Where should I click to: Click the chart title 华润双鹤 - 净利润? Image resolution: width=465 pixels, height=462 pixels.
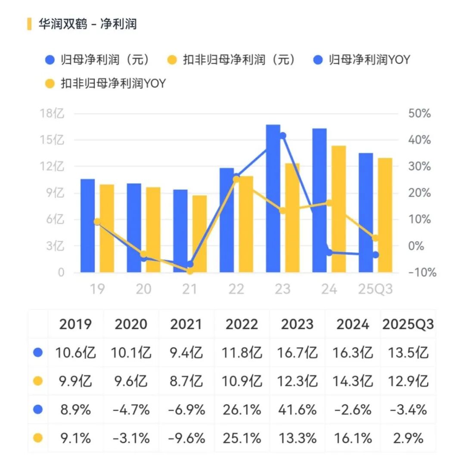pyautogui.click(x=87, y=24)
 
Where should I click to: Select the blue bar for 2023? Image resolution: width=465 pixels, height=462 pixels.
pyautogui.click(x=273, y=198)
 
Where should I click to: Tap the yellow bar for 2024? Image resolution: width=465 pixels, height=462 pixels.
pyautogui.click(x=338, y=209)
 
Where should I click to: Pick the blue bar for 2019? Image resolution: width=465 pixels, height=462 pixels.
pyautogui.click(x=87, y=225)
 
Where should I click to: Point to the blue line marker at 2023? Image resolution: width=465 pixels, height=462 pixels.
pyautogui.click(x=283, y=136)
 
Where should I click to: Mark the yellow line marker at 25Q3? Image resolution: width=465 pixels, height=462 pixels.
pyautogui.click(x=375, y=238)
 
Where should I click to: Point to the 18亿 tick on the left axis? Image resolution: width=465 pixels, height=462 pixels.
pyautogui.click(x=52, y=114)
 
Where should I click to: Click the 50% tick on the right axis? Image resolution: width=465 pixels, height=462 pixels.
pyautogui.click(x=419, y=114)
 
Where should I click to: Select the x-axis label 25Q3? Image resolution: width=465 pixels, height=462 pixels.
pyautogui.click(x=375, y=289)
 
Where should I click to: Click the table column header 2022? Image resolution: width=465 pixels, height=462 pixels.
pyautogui.click(x=242, y=324)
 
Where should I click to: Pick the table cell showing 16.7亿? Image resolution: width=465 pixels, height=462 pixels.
pyautogui.click(x=297, y=353)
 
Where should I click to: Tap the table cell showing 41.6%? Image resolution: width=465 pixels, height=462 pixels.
pyautogui.click(x=297, y=409)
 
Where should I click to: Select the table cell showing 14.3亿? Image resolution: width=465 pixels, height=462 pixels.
pyautogui.click(x=353, y=381)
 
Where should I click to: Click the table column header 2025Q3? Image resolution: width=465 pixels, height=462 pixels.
pyautogui.click(x=408, y=324)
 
